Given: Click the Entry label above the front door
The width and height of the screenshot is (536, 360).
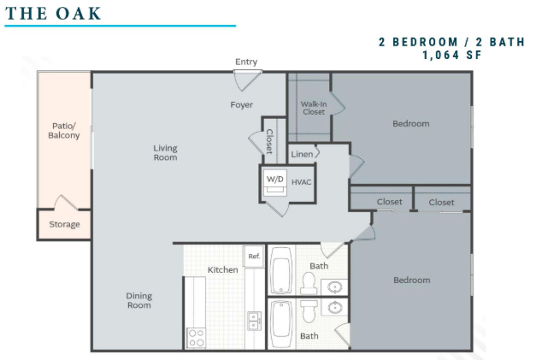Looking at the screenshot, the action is click(246, 62).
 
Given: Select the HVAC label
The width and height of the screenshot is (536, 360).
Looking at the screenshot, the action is click(301, 182).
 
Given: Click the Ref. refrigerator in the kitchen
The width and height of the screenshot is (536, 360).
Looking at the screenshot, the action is click(254, 256).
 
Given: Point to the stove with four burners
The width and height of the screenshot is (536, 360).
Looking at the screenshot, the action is click(197, 338).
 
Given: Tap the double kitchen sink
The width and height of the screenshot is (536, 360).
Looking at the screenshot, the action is click(254, 321).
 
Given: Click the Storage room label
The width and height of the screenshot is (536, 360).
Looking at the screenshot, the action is click(64, 224).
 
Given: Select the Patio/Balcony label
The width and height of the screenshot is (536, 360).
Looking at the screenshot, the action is click(63, 131).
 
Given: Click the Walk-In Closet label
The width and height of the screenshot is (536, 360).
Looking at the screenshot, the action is click(314, 108).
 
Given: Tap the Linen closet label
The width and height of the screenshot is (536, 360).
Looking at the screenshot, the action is click(302, 154).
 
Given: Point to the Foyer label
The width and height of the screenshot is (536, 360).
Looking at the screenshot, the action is click(241, 104).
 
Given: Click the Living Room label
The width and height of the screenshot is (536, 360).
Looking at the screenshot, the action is click(165, 153).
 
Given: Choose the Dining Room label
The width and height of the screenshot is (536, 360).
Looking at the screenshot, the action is click(138, 300).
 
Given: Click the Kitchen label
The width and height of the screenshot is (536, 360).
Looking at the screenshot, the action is click(222, 269).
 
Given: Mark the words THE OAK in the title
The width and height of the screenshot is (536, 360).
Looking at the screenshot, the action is click(53, 14).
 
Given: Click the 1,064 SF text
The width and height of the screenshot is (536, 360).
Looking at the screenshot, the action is click(452, 55).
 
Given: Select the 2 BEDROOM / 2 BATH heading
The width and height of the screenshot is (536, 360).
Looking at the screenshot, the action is click(451, 42).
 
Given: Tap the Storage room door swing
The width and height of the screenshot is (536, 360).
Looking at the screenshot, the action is click(67, 202).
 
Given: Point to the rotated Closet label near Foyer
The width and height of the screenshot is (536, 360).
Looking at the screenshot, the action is click(269, 141).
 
